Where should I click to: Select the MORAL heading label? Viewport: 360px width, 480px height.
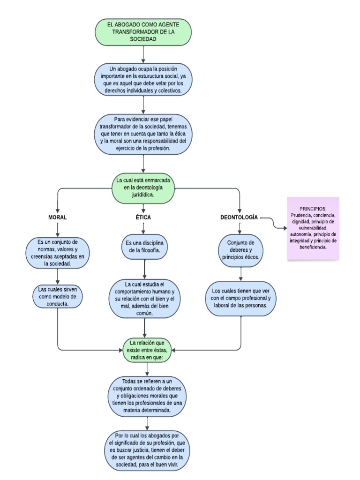tap(58, 217)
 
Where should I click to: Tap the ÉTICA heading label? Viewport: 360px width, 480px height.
tap(143, 217)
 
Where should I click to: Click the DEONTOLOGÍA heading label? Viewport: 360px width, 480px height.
tap(239, 217)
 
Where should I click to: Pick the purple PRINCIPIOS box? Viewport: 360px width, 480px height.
tap(313, 228)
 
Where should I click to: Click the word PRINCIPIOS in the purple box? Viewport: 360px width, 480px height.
tap(313, 209)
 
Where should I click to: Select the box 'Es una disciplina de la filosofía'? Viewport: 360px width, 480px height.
tap(144, 247)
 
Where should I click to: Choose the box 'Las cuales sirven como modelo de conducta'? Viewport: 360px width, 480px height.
tap(58, 296)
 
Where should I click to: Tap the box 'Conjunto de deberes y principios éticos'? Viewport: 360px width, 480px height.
tap(240, 250)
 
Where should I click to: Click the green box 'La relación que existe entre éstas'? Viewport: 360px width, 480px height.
tap(148, 350)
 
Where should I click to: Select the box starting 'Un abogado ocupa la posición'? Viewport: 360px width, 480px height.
tap(143, 79)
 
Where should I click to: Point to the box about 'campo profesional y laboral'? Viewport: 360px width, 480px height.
tap(240, 298)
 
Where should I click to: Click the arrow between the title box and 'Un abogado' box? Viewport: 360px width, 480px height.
tap(143, 54)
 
